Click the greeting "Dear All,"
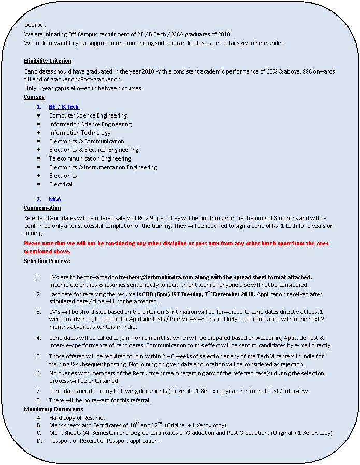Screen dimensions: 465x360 35,24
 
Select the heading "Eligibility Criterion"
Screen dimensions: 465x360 48,61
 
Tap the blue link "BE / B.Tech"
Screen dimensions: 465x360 64,107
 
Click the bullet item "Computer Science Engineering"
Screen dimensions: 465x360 88,115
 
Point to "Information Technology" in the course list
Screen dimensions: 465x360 80,133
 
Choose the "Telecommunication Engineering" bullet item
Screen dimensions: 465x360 90,158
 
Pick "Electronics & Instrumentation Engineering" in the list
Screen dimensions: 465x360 103,167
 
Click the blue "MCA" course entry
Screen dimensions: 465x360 55,199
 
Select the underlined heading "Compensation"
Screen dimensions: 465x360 42,208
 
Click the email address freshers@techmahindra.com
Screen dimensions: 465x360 156,277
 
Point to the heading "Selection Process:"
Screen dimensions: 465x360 47,261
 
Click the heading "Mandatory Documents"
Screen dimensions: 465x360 54,409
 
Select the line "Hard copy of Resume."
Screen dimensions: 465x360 77,418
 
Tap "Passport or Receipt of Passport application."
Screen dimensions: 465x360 104,441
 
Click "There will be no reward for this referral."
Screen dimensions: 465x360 100,400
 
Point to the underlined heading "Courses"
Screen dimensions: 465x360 34,97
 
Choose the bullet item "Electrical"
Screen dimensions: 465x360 61,184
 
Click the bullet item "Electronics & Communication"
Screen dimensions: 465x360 87,141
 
